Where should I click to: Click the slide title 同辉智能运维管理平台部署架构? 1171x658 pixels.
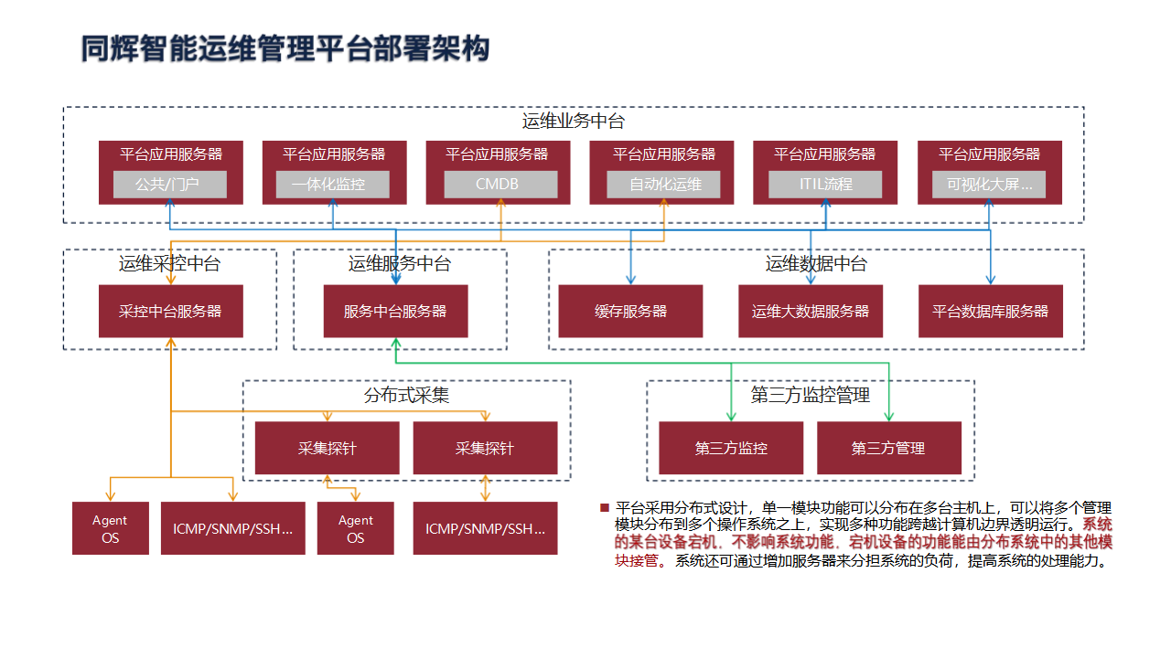click(x=285, y=48)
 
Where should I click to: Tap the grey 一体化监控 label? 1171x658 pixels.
click(x=332, y=185)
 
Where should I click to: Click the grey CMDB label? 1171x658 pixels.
click(x=500, y=185)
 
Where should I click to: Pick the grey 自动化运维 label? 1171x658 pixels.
click(x=664, y=185)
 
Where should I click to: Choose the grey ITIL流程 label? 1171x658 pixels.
click(x=825, y=185)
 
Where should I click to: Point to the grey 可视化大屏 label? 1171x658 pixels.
click(x=989, y=185)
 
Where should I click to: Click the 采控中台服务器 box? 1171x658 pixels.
click(x=170, y=312)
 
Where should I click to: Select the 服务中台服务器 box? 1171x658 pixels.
click(x=395, y=312)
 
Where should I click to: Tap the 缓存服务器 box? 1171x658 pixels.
click(x=630, y=312)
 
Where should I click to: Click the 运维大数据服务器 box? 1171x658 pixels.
click(x=811, y=312)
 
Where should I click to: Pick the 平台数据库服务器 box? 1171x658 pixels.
click(x=990, y=312)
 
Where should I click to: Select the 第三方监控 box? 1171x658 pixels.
click(x=731, y=448)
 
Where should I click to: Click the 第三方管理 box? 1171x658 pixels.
click(x=888, y=448)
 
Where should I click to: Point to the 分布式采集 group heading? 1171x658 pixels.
click(x=406, y=396)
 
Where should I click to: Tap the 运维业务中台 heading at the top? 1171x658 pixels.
click(x=573, y=121)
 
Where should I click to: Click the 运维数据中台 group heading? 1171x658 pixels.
click(x=816, y=264)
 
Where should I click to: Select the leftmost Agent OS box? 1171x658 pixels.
click(x=110, y=528)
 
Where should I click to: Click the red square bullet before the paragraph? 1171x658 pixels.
click(x=604, y=507)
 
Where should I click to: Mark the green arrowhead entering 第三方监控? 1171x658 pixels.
click(x=731, y=417)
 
